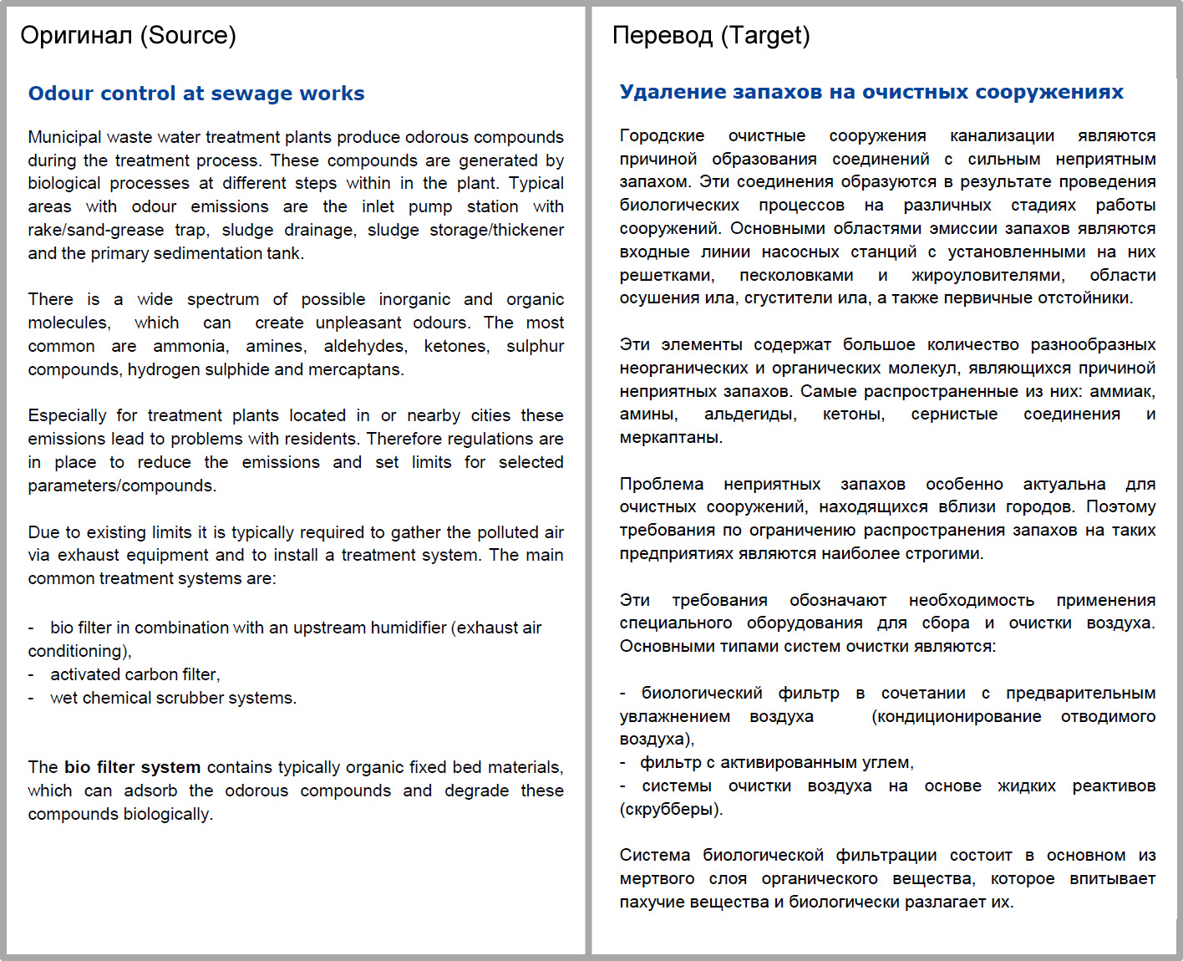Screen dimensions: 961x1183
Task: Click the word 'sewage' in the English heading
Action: [252, 94]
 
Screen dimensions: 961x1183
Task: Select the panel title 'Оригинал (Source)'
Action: [128, 35]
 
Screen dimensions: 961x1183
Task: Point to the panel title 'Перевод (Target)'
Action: [711, 35]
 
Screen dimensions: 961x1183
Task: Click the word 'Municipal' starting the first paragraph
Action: [64, 137]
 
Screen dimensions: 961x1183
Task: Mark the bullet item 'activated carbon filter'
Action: [134, 674]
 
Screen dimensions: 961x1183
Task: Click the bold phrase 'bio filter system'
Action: [132, 767]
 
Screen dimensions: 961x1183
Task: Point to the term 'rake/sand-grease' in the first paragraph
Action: [95, 230]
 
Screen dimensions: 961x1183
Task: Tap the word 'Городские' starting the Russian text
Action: [662, 135]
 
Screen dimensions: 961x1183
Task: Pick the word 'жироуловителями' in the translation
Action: [988, 275]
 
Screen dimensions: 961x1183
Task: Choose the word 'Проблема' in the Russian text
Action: [661, 484]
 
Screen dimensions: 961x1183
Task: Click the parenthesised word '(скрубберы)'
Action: [671, 809]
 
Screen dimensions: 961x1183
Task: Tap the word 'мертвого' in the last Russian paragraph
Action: [657, 878]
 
